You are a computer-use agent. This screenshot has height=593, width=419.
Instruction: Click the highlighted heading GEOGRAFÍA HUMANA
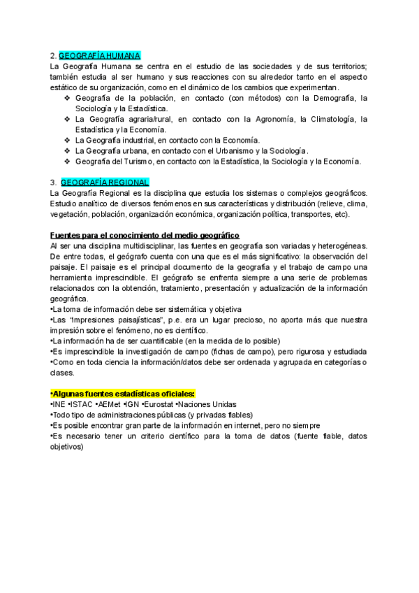(99, 55)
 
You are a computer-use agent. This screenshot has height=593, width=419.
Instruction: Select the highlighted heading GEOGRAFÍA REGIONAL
(105, 183)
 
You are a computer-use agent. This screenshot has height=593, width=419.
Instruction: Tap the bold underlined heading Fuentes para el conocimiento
(145, 235)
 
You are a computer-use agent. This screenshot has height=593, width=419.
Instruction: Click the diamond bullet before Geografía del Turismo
(67, 161)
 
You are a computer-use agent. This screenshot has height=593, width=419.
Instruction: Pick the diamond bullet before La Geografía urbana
(67, 150)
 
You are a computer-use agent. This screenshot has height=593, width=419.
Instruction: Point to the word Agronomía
(271, 119)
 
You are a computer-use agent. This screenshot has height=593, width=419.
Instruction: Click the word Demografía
(330, 98)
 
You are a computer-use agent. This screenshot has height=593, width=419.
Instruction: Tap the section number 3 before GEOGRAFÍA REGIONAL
(53, 183)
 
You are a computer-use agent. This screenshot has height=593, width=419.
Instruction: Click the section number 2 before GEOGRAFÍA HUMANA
(53, 55)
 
